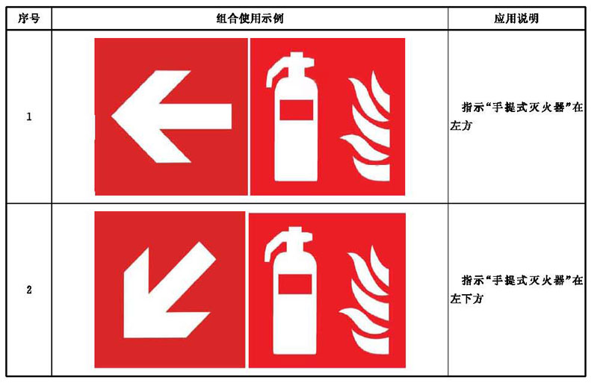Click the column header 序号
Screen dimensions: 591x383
point(28,18)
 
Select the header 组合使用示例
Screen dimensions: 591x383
point(250,18)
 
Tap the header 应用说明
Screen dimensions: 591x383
point(516,18)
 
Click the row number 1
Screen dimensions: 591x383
point(29,116)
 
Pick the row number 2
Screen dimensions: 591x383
point(29,290)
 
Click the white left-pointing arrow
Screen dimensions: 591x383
point(172,116)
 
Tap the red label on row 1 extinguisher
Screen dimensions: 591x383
point(297,110)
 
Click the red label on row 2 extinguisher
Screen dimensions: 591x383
point(295,284)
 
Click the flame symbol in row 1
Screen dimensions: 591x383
point(365,125)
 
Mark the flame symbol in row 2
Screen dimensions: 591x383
point(365,299)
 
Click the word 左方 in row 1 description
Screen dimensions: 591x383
point(460,125)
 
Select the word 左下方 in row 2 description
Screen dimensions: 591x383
point(466,299)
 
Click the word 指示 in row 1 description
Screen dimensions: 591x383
point(473,108)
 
